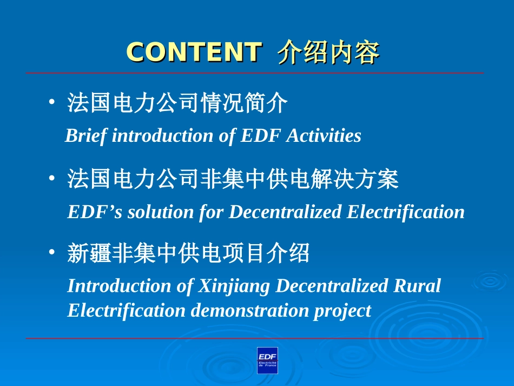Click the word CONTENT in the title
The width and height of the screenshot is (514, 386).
click(194, 52)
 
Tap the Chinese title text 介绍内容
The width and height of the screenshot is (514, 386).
click(328, 52)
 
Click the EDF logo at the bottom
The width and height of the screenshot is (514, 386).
click(267, 361)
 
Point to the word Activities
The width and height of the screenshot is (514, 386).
click(324, 135)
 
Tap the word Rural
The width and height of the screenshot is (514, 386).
click(417, 285)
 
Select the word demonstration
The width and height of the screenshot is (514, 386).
click(250, 310)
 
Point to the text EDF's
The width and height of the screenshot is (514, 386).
click(95, 212)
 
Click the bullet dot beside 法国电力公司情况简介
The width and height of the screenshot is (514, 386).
click(52, 102)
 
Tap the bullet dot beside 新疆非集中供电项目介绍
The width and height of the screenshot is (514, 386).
click(52, 252)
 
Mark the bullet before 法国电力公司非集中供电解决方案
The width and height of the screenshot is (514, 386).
click(52, 178)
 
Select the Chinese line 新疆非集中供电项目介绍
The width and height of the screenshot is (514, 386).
click(188, 253)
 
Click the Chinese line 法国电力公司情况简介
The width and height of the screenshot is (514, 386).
click(177, 103)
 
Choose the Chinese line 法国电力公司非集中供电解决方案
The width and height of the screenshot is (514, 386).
click(233, 179)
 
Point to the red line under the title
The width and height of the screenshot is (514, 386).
click(255, 73)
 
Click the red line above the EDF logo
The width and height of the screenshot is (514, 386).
click(255, 338)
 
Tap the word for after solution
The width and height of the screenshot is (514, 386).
click(211, 212)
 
